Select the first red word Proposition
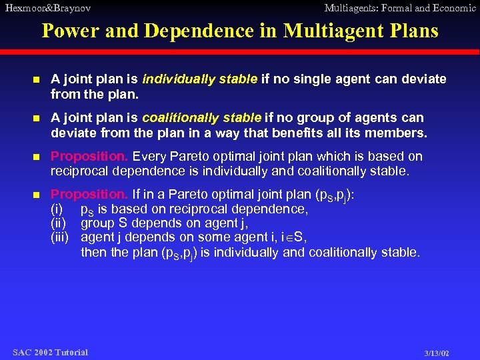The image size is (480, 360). click(90, 157)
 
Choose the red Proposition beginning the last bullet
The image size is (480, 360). click(90, 195)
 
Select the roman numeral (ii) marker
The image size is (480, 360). click(59, 223)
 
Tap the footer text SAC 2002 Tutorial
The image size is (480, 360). click(50, 352)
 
